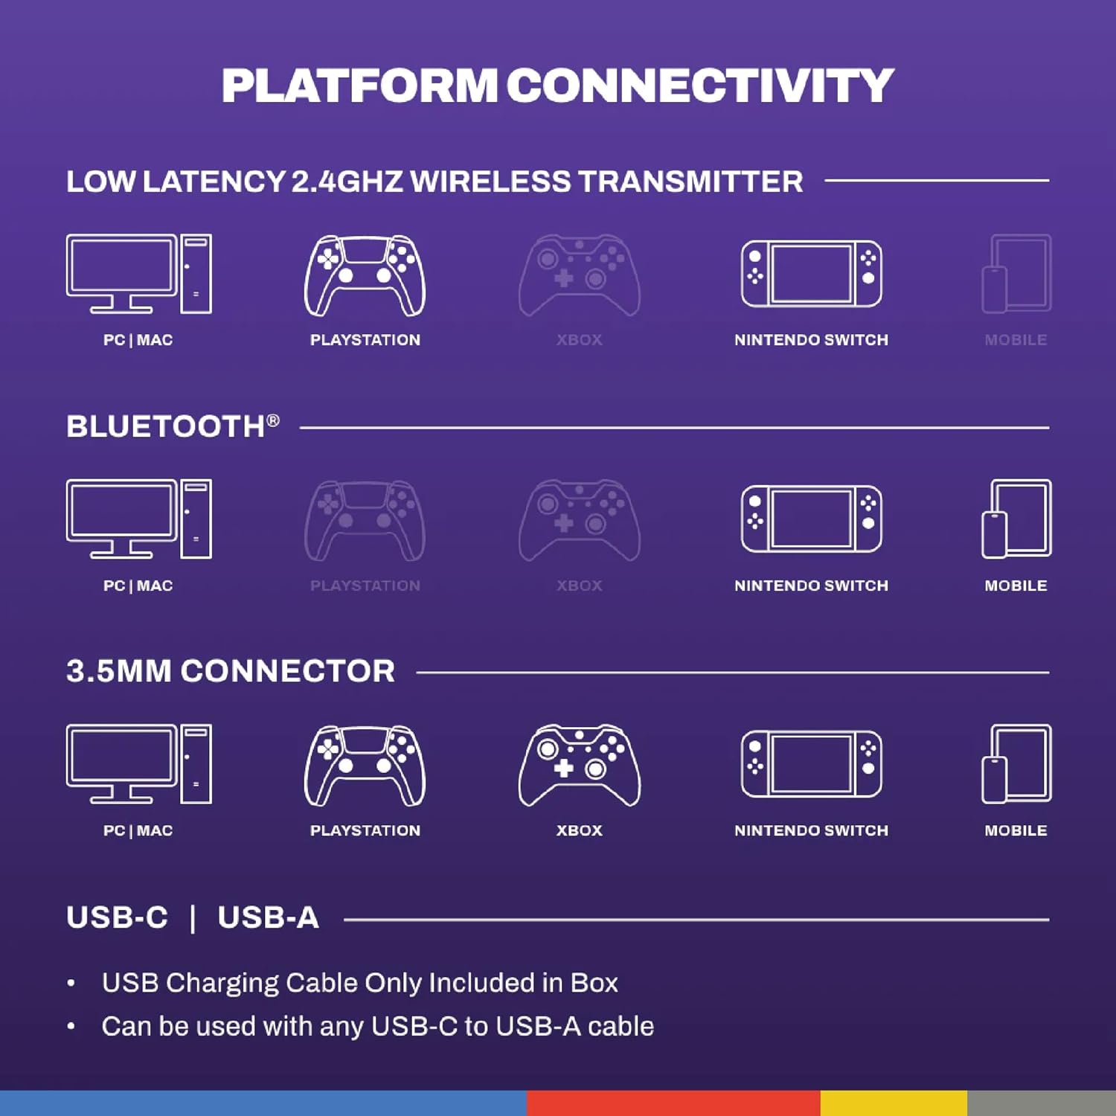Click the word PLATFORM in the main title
pyautogui.click(x=359, y=86)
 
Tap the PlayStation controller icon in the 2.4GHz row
pyautogui.click(x=365, y=275)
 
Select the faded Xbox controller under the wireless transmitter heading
pyautogui.click(x=579, y=275)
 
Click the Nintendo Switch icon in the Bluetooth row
pyautogui.click(x=812, y=519)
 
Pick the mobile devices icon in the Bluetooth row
pyautogui.click(x=1016, y=519)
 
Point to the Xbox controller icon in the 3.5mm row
pyautogui.click(x=579, y=765)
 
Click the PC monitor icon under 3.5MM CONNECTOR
pyautogui.click(x=139, y=764)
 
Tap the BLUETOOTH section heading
pyautogui.click(x=165, y=427)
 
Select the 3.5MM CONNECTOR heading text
pyautogui.click(x=231, y=671)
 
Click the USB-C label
pyautogui.click(x=117, y=917)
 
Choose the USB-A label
pyautogui.click(x=268, y=917)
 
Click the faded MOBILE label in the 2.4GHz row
pyautogui.click(x=1016, y=340)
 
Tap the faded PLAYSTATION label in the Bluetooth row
pyautogui.click(x=365, y=586)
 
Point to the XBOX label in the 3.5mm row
pyautogui.click(x=579, y=830)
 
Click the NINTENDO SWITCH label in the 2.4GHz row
pyautogui.click(x=811, y=340)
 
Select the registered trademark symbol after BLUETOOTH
pyautogui.click(x=273, y=420)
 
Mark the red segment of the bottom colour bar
pyautogui.click(x=673, y=1103)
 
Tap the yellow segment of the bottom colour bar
pyautogui.click(x=894, y=1103)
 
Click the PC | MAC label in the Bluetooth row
pyautogui.click(x=138, y=586)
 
